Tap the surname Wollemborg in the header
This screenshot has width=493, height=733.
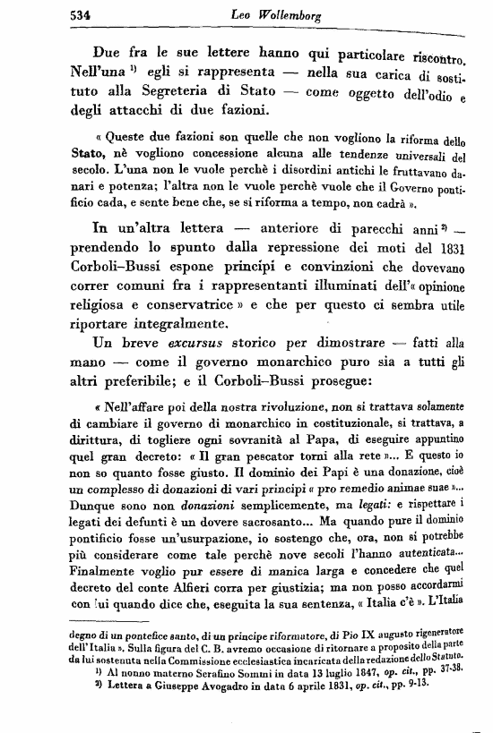(x=281, y=13)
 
